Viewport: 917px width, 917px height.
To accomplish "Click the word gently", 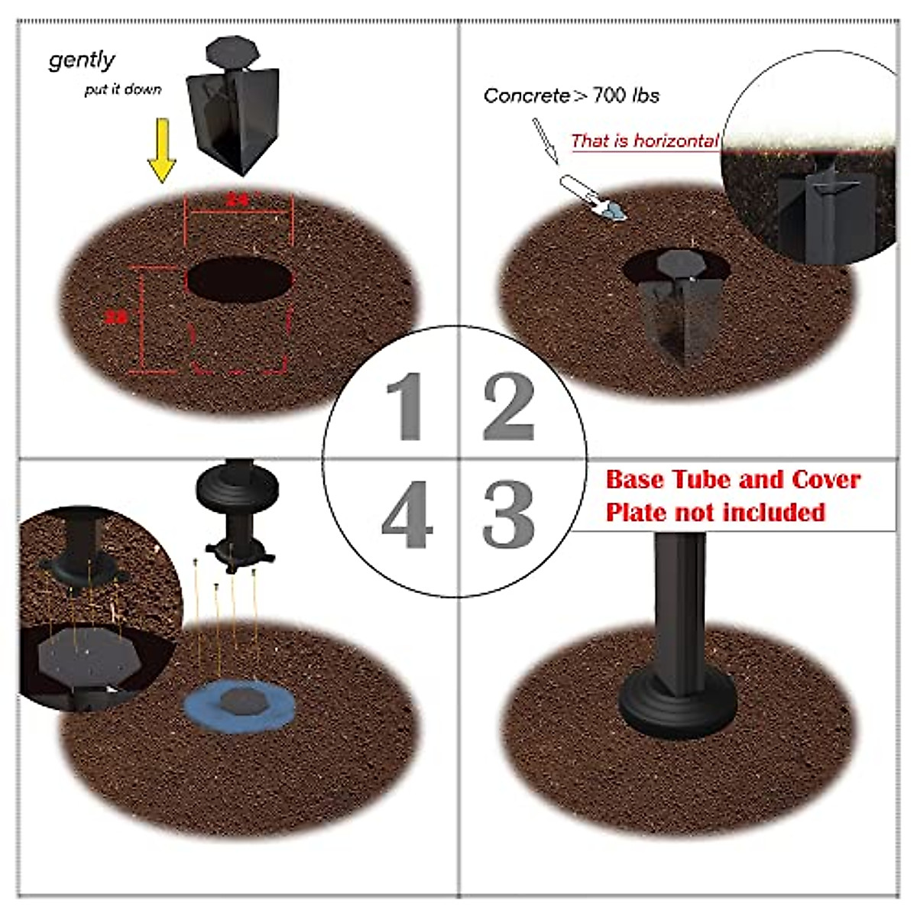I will pyautogui.click(x=82, y=60).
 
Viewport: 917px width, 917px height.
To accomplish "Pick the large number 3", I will pyautogui.click(x=509, y=514).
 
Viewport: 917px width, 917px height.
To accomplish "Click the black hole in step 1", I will pyautogui.click(x=240, y=280).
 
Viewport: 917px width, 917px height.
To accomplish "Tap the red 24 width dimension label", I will pyautogui.click(x=238, y=200).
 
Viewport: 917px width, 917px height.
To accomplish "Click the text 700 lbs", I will pyautogui.click(x=626, y=96).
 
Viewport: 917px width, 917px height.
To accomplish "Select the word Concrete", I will pyautogui.click(x=527, y=96).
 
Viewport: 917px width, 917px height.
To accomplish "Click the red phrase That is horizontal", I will pyautogui.click(x=644, y=141).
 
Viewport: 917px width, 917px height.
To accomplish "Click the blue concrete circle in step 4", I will pyautogui.click(x=240, y=708).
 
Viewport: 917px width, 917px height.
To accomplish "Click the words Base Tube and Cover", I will pyautogui.click(x=733, y=480).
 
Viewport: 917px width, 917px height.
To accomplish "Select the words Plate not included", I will pyautogui.click(x=715, y=512).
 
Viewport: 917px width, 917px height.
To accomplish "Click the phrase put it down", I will pyautogui.click(x=123, y=89).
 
